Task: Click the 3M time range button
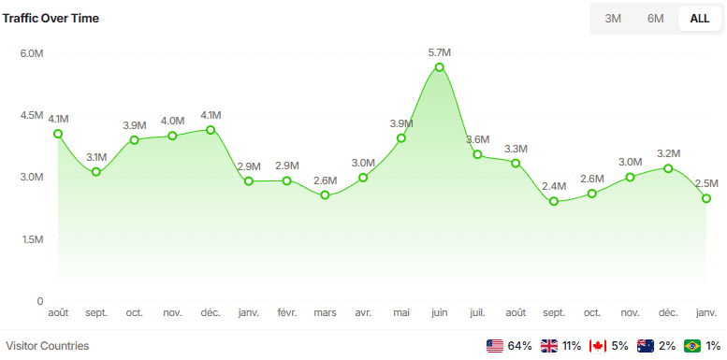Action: pos(613,18)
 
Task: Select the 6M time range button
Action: pos(655,18)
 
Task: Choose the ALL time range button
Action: pos(699,18)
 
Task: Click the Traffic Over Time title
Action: pos(51,18)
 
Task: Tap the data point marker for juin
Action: pos(440,67)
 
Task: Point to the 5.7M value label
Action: pos(440,52)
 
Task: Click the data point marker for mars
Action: pos(325,195)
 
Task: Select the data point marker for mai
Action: pos(401,138)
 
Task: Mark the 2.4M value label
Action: pos(554,186)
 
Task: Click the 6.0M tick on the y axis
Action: pos(32,53)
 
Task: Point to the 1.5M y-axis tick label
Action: pos(32,239)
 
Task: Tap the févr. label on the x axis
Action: pos(287,311)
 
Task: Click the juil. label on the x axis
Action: pos(477,311)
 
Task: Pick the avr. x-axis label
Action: pos(363,311)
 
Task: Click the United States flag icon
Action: pos(495,346)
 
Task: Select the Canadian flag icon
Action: pos(598,346)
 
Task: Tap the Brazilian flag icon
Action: pos(693,346)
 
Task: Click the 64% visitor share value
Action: pos(520,346)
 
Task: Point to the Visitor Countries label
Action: pos(48,346)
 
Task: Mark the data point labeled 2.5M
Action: pos(706,198)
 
